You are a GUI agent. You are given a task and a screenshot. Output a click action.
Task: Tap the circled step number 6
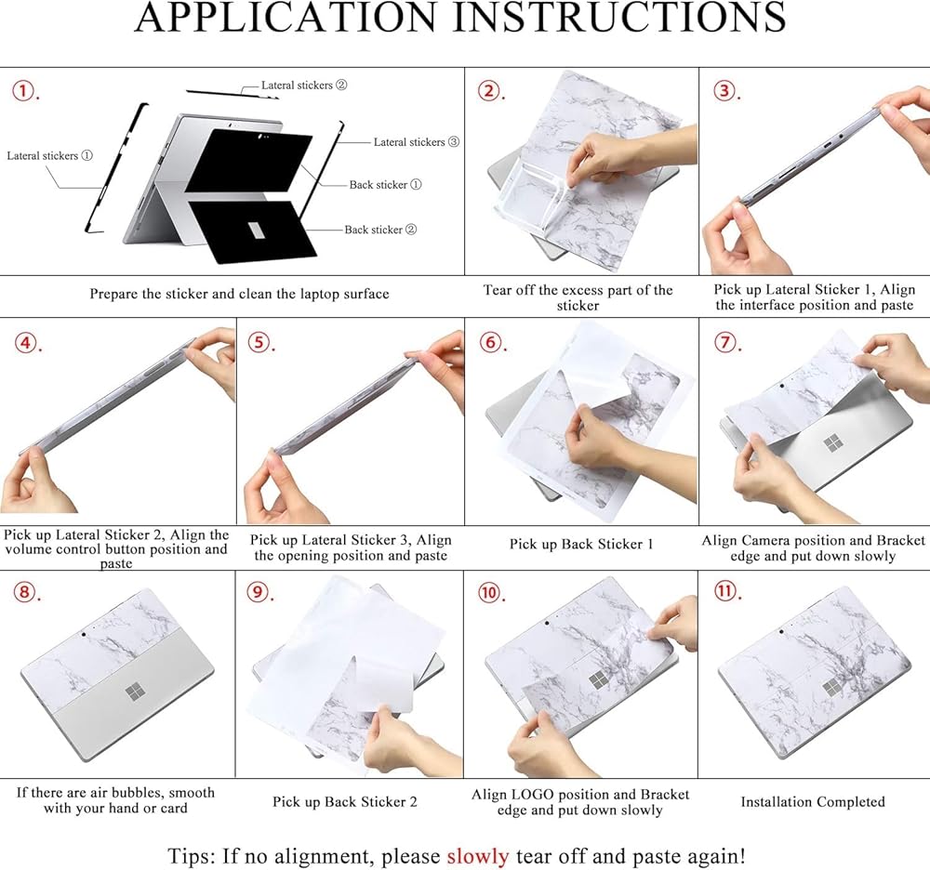[x=490, y=342]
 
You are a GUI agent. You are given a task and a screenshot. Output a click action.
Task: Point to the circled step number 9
[x=258, y=592]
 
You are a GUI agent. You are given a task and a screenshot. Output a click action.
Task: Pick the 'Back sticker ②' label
[x=380, y=230]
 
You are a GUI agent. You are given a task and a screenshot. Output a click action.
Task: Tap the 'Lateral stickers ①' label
[x=50, y=155]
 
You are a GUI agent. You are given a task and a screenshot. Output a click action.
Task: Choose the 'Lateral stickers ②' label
[x=304, y=85]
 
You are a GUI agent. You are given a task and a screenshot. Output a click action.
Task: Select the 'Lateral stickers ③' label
[x=417, y=141]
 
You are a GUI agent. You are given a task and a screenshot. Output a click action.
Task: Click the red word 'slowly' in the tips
[x=477, y=856]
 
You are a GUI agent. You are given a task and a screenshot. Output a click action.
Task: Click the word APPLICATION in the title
[x=286, y=17]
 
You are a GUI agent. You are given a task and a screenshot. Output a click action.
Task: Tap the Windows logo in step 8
[x=135, y=692]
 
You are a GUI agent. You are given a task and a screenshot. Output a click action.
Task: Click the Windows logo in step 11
[x=832, y=688]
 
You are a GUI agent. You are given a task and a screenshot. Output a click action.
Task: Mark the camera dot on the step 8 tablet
[x=84, y=634]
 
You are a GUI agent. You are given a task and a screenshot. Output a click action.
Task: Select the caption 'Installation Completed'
[x=813, y=802]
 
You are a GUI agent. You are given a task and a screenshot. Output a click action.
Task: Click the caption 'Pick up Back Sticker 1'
[x=581, y=544]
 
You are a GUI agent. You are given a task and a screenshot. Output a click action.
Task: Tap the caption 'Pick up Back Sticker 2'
[x=345, y=802]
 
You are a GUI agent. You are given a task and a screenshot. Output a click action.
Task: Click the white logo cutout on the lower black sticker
[x=256, y=231]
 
